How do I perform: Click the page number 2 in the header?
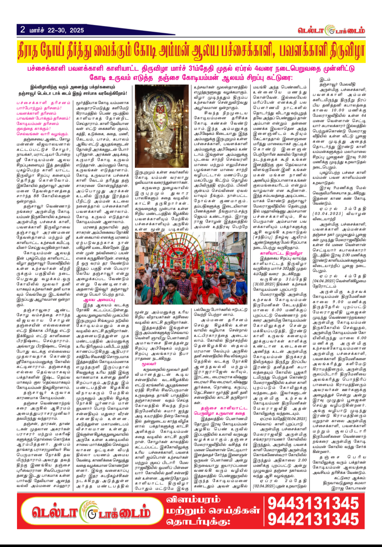click(x=23, y=30)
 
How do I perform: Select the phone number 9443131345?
click(x=313, y=503)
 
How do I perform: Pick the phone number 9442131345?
click(x=313, y=519)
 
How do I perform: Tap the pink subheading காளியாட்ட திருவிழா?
click(x=281, y=254)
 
